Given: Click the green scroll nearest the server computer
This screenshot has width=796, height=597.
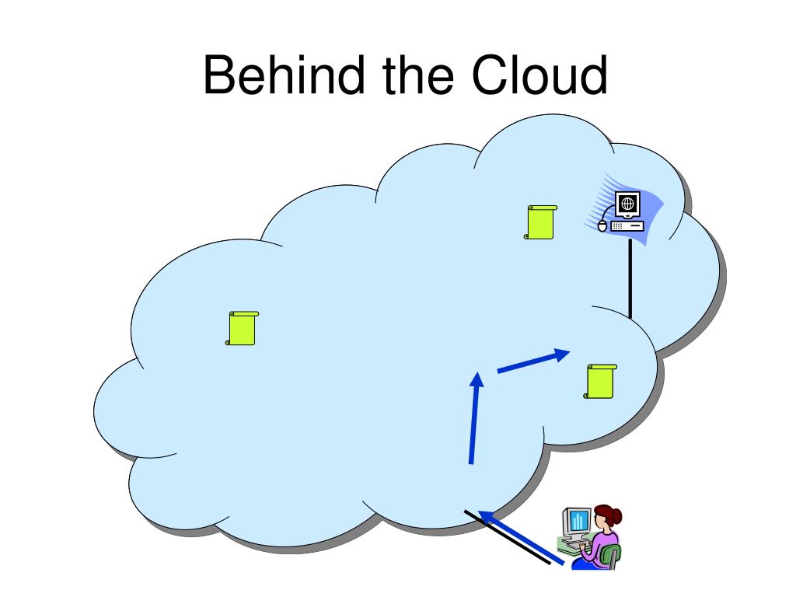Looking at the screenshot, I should tap(540, 222).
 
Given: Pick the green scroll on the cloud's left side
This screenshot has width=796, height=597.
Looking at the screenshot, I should tap(242, 328).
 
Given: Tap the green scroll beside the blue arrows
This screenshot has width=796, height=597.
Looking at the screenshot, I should tap(601, 381).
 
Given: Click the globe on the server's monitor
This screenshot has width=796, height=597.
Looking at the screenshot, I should tap(627, 204).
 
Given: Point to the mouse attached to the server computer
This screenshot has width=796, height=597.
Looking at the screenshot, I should tap(602, 226).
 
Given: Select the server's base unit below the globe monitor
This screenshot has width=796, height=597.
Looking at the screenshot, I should tap(627, 226).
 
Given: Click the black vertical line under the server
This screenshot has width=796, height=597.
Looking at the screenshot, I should tap(630, 280).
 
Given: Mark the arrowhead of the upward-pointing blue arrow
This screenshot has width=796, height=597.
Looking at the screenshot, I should tap(478, 379).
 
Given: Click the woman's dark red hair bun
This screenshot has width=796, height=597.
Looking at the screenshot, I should tap(615, 514).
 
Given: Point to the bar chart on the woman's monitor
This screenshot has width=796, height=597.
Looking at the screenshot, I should tap(577, 521).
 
